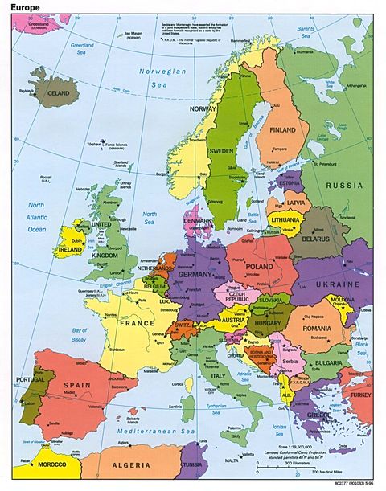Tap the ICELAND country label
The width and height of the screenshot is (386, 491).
click(x=58, y=92)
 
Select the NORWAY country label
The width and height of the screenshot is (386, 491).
click(x=203, y=108)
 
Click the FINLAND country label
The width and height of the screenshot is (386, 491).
click(x=283, y=130)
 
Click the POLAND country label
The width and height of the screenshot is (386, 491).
click(x=259, y=266)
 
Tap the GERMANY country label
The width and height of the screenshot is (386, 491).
click(x=195, y=275)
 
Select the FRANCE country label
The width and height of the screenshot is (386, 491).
click(x=137, y=323)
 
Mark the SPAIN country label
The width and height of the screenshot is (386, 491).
click(x=76, y=387)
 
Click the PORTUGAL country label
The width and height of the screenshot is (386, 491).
click(x=28, y=380)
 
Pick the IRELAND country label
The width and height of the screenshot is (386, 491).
click(x=70, y=249)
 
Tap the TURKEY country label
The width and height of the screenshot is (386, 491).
click(x=360, y=395)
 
